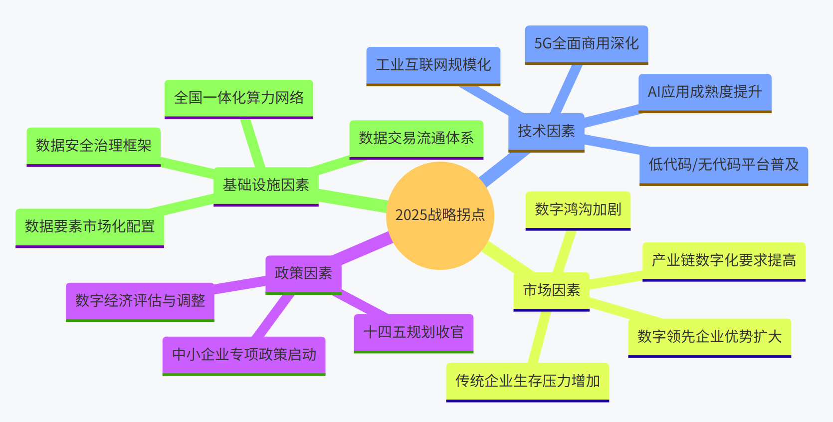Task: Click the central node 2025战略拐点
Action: point(440,215)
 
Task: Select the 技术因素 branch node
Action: point(546,132)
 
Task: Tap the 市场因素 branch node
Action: point(551,290)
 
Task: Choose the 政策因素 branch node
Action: point(303,273)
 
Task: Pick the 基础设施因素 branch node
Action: point(266,186)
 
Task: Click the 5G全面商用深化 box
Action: point(586,44)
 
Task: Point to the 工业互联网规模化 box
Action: point(433,65)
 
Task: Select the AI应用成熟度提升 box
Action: point(704,92)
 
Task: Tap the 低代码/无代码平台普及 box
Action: point(723,165)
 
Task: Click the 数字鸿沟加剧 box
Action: point(578,210)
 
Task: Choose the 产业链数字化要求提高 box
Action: point(723,261)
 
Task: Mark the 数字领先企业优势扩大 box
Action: point(709,337)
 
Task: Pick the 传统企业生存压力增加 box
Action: point(527,382)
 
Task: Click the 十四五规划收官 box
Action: point(414,332)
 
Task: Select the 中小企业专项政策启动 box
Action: point(244,355)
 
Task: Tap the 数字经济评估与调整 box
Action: point(140,301)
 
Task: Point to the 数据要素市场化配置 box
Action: point(90,227)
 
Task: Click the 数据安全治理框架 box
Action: point(93,146)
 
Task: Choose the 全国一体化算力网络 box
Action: point(238,98)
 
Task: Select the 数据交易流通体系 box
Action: point(416,139)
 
